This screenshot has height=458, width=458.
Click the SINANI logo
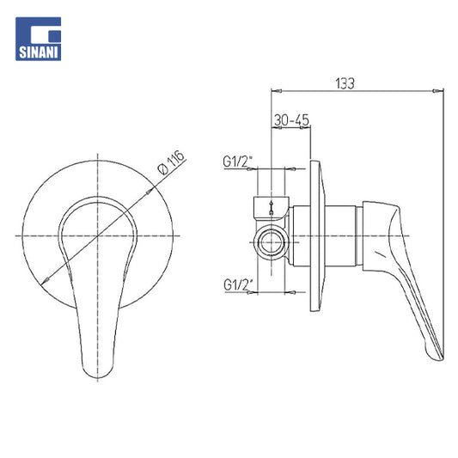pyautogui.click(x=39, y=39)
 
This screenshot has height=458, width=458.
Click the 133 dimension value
pyautogui.click(x=345, y=83)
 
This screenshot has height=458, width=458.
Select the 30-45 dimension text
pyautogui.click(x=291, y=119)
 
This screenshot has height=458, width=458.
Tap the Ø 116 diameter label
pyautogui.click(x=171, y=162)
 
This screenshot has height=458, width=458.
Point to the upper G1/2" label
pyautogui.click(x=237, y=162)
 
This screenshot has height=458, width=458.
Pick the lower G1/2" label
pyautogui.click(x=238, y=284)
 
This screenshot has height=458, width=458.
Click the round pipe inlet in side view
pyautogui.click(x=272, y=242)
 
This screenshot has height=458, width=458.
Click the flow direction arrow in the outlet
pyautogui.click(x=272, y=208)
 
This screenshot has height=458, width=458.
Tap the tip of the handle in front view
pyautogui.click(x=97, y=378)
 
